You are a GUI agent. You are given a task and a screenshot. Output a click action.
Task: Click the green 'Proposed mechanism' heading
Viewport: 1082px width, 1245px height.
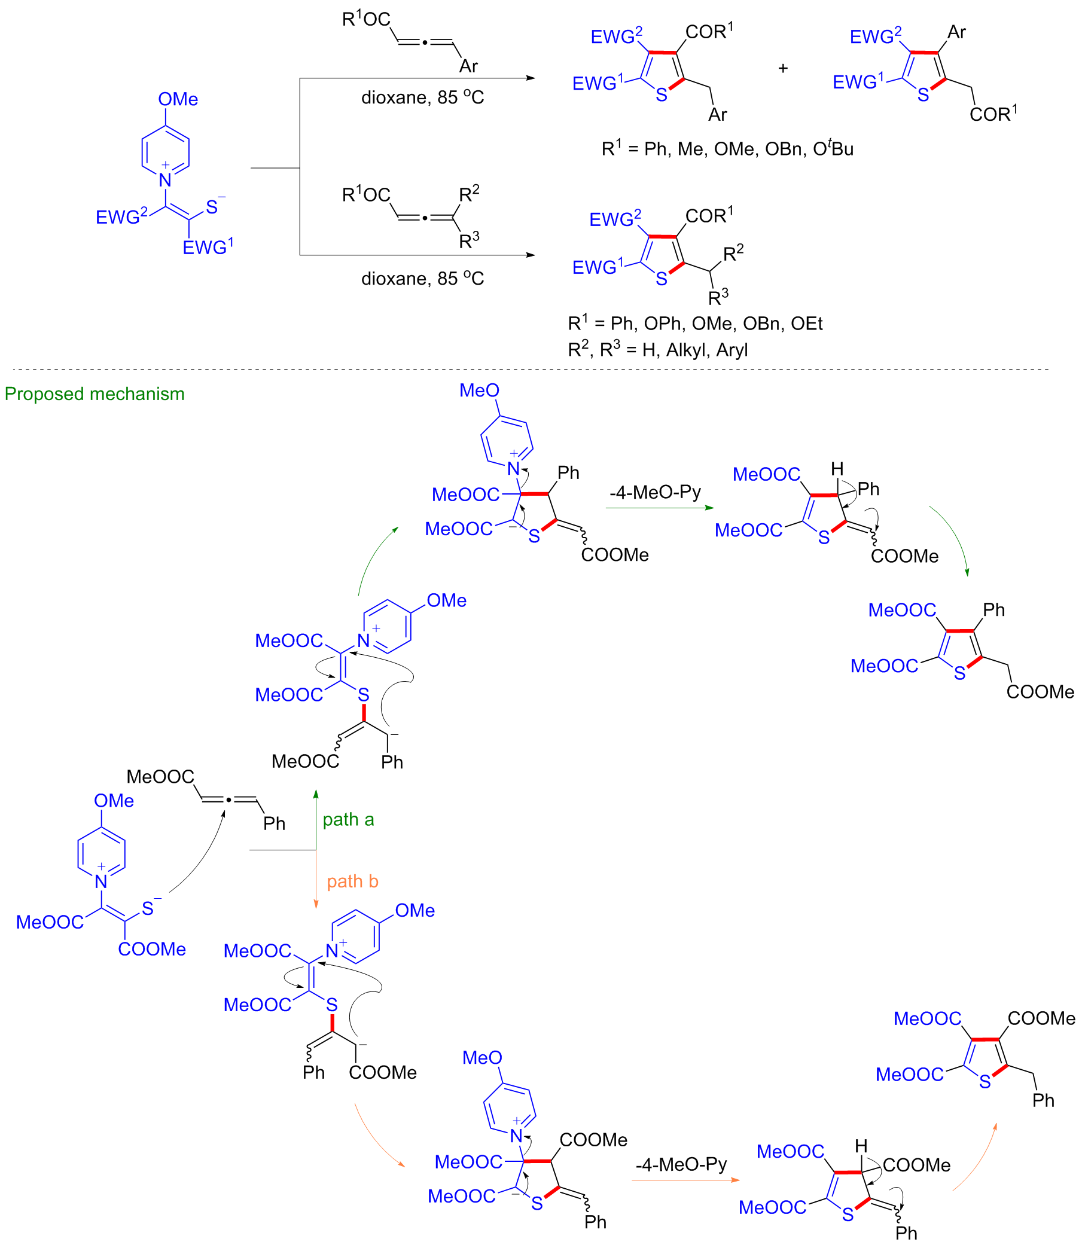point(94,394)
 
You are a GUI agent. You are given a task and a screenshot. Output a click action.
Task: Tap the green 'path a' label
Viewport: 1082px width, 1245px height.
point(348,820)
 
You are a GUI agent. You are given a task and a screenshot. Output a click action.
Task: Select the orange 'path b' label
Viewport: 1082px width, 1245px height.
point(353,881)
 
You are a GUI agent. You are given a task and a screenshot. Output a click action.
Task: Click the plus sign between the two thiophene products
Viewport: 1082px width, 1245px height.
point(783,68)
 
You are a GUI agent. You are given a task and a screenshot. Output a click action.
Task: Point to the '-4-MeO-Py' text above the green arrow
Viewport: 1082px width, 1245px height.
point(656,493)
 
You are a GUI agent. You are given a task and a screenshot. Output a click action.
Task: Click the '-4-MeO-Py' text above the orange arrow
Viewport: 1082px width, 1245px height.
point(682,1165)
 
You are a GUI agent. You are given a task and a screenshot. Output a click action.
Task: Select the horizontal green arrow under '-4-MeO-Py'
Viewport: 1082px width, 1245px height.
point(659,508)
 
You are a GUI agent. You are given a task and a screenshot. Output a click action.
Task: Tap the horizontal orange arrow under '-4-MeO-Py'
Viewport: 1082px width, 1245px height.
point(685,1180)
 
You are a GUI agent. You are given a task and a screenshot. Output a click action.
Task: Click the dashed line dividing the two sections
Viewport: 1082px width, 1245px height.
point(531,370)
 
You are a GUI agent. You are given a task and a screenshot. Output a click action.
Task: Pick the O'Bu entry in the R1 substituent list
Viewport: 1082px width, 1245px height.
point(833,148)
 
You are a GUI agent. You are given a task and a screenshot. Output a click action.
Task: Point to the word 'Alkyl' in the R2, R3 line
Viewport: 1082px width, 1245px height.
point(689,350)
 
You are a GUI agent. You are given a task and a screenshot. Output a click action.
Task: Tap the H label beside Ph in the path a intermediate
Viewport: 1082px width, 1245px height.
point(837,469)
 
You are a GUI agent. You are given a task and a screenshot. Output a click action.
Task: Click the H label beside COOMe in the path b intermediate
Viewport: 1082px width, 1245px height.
point(861,1146)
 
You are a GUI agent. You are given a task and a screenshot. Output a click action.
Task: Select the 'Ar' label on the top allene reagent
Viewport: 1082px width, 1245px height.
point(468,66)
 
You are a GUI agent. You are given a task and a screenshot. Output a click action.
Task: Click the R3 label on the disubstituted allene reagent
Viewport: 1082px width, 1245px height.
point(469,241)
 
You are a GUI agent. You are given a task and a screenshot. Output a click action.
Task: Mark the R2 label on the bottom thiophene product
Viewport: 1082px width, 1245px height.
point(734,253)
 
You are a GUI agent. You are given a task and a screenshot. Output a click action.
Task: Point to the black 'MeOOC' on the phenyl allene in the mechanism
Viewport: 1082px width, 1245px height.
point(160,777)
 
